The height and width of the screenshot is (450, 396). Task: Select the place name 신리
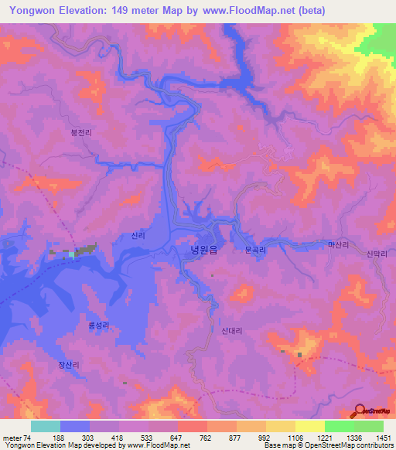tap(138, 236)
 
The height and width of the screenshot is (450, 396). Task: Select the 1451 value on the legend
tap(382, 438)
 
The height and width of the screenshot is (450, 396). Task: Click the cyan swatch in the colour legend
tap(46, 426)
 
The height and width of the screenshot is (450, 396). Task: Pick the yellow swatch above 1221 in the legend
tap(309, 426)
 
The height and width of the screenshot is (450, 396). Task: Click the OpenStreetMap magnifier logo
tap(360, 410)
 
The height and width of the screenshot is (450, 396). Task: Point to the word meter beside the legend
tap(11, 438)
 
